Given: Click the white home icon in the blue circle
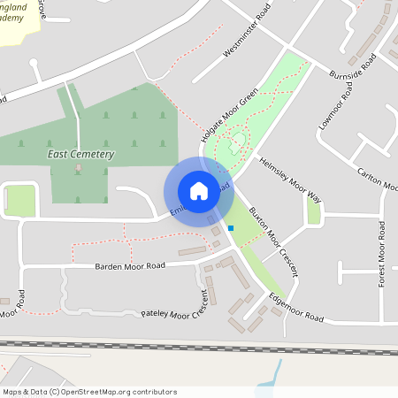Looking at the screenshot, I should click(198, 190).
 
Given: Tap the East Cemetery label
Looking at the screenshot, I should click(80, 154).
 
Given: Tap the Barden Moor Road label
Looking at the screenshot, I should click(130, 265).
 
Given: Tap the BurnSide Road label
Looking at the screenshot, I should click(352, 66).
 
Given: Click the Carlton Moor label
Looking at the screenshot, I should click(377, 177).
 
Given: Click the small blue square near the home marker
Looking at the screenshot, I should click(231, 228).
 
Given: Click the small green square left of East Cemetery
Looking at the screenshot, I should click(20, 201).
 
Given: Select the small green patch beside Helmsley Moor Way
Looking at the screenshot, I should click(313, 210).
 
